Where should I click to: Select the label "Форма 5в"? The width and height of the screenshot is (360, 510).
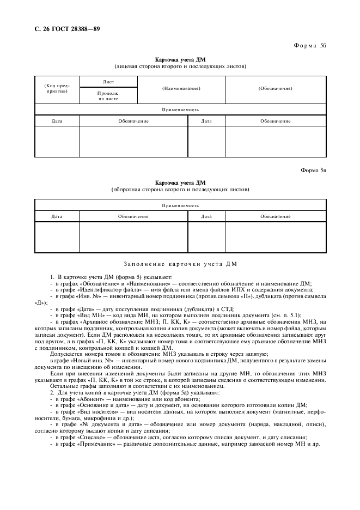(x=313, y=170)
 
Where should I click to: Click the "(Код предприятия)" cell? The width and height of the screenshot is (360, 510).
(x=57, y=88)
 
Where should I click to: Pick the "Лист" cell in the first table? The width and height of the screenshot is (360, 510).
(x=108, y=81)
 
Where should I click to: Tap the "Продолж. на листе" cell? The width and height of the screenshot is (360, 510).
(x=108, y=96)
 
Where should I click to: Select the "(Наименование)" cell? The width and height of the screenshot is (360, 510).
(x=181, y=88)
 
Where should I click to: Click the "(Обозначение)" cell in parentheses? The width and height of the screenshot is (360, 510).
(x=275, y=88)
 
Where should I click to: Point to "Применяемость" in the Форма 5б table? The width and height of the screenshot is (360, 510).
(x=180, y=110)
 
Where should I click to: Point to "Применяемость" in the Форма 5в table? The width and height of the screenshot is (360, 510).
(x=180, y=205)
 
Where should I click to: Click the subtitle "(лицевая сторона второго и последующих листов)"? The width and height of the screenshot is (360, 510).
(x=180, y=66)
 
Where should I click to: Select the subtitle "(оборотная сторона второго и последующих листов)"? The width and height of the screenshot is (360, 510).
(x=180, y=190)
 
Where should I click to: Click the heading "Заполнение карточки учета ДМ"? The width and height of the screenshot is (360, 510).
(x=180, y=264)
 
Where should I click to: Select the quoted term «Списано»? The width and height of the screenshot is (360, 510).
(x=84, y=437)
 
